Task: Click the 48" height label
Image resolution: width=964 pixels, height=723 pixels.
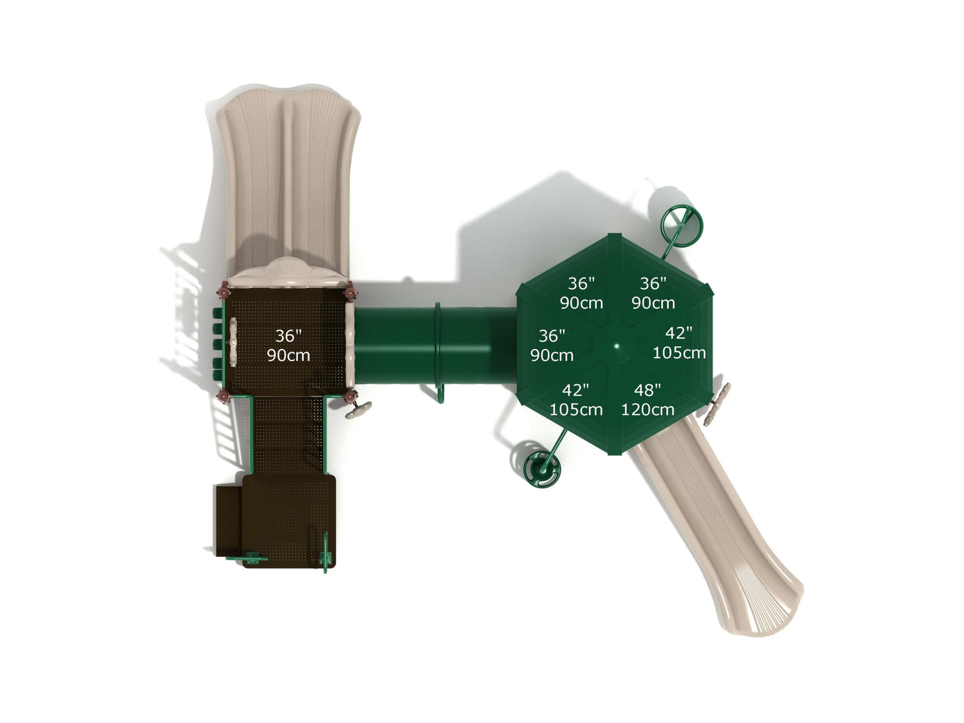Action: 647,390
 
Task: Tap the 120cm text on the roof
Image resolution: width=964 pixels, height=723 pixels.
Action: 647,410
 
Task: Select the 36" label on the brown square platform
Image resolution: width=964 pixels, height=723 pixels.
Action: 288,335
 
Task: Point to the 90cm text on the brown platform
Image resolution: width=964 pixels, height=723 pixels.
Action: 288,355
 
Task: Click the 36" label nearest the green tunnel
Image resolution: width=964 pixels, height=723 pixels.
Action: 552,335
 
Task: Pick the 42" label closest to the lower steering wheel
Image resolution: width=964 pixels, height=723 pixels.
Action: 575,390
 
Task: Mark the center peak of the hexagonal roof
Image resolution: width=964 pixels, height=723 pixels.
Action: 616,346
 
